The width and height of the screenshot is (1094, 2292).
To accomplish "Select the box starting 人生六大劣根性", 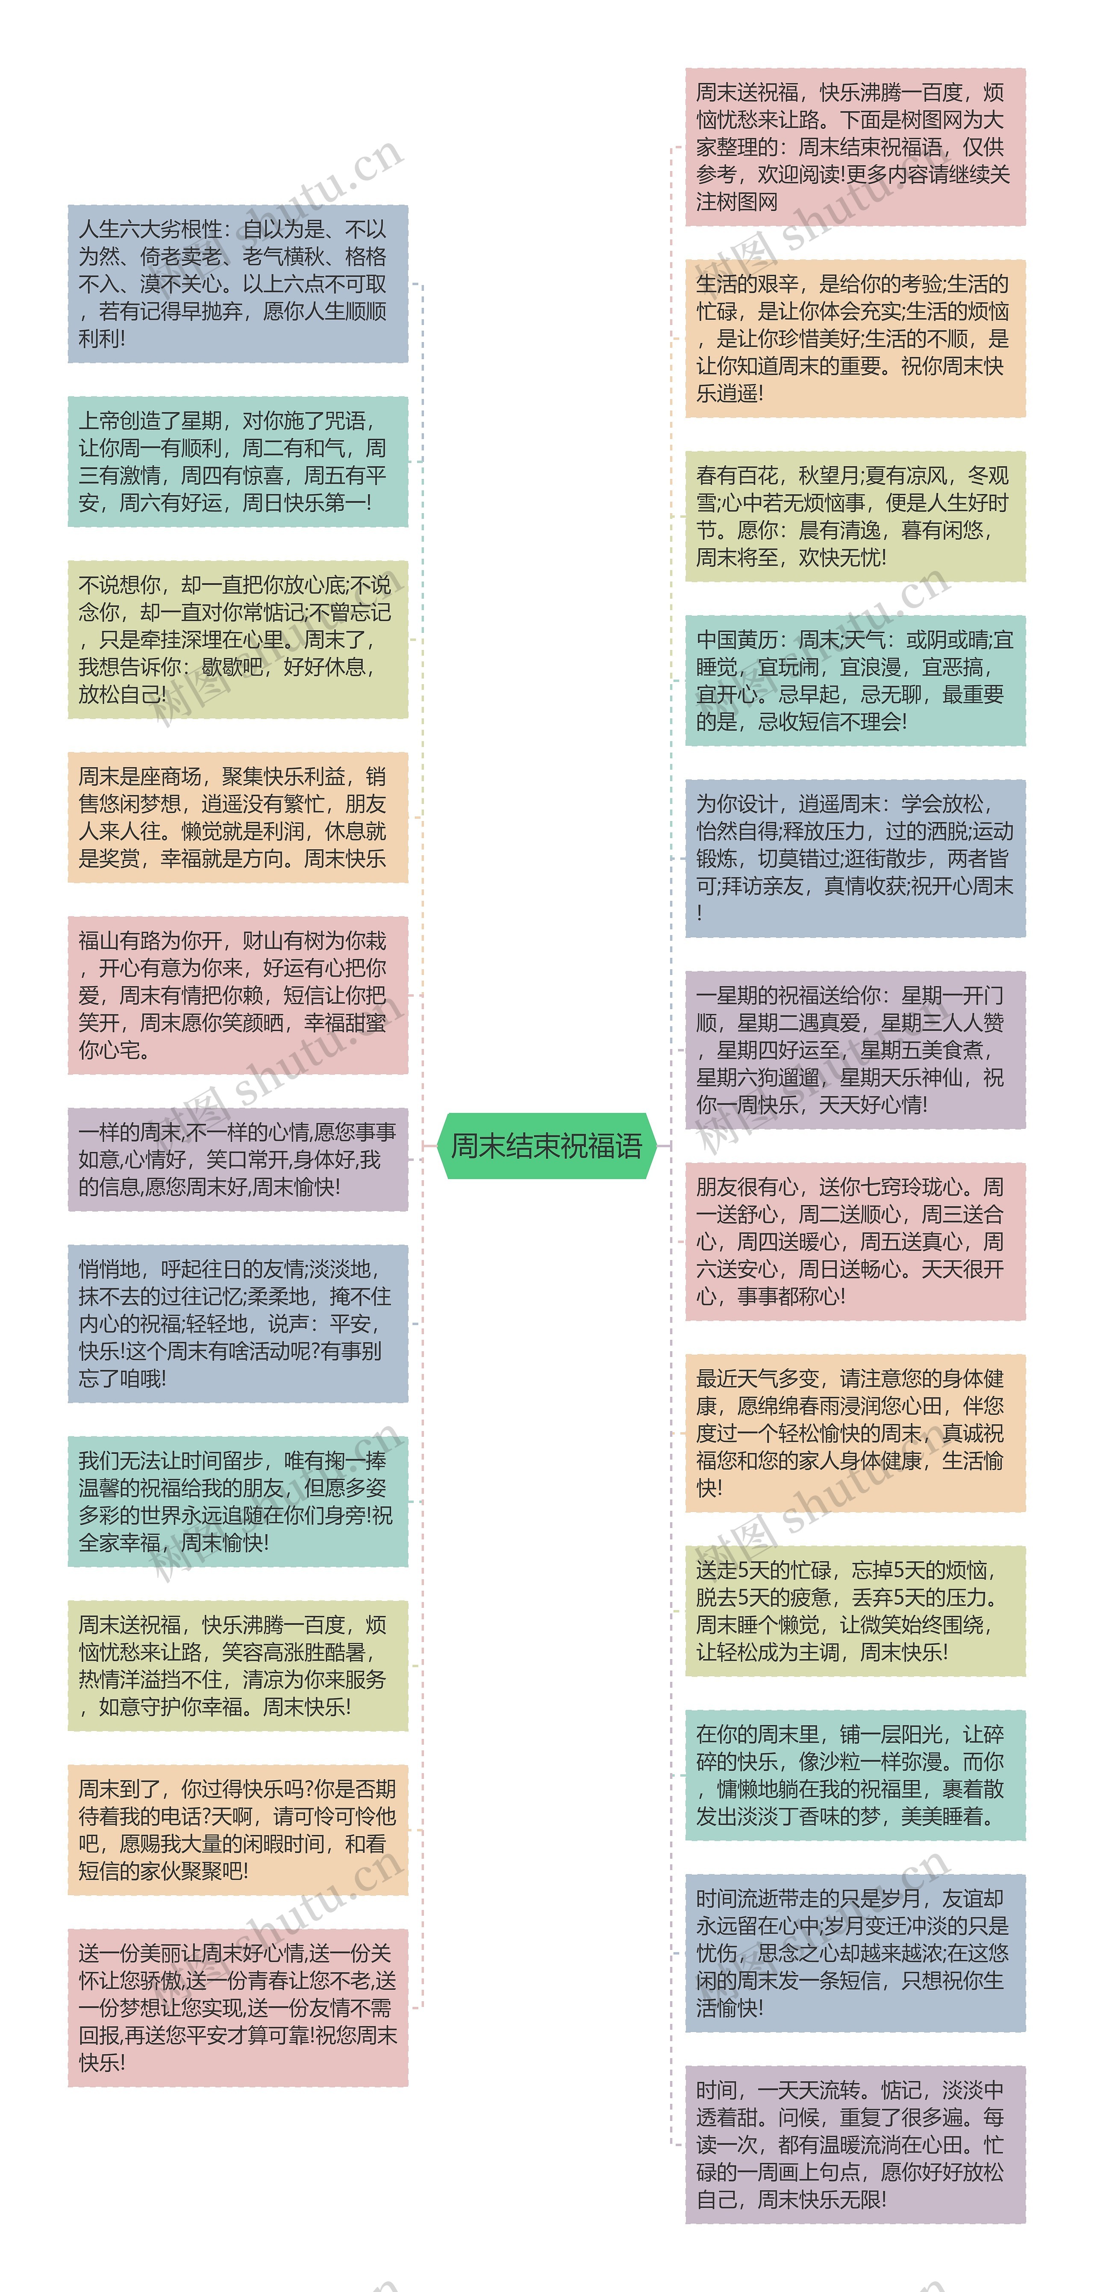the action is [x=238, y=284].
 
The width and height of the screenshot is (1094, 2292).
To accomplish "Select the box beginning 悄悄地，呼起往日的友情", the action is [x=238, y=1323].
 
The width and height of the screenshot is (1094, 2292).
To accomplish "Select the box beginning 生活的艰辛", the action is [x=855, y=338].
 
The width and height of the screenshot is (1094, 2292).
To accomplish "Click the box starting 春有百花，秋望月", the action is [x=855, y=516].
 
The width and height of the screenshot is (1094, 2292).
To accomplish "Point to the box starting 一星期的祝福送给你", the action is [x=855, y=1050].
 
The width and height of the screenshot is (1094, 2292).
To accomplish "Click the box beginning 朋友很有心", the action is [x=855, y=1241].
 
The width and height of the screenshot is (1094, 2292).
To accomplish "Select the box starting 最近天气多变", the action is [x=855, y=1432].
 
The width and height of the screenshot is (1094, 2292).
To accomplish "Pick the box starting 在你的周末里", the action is [x=855, y=1775].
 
